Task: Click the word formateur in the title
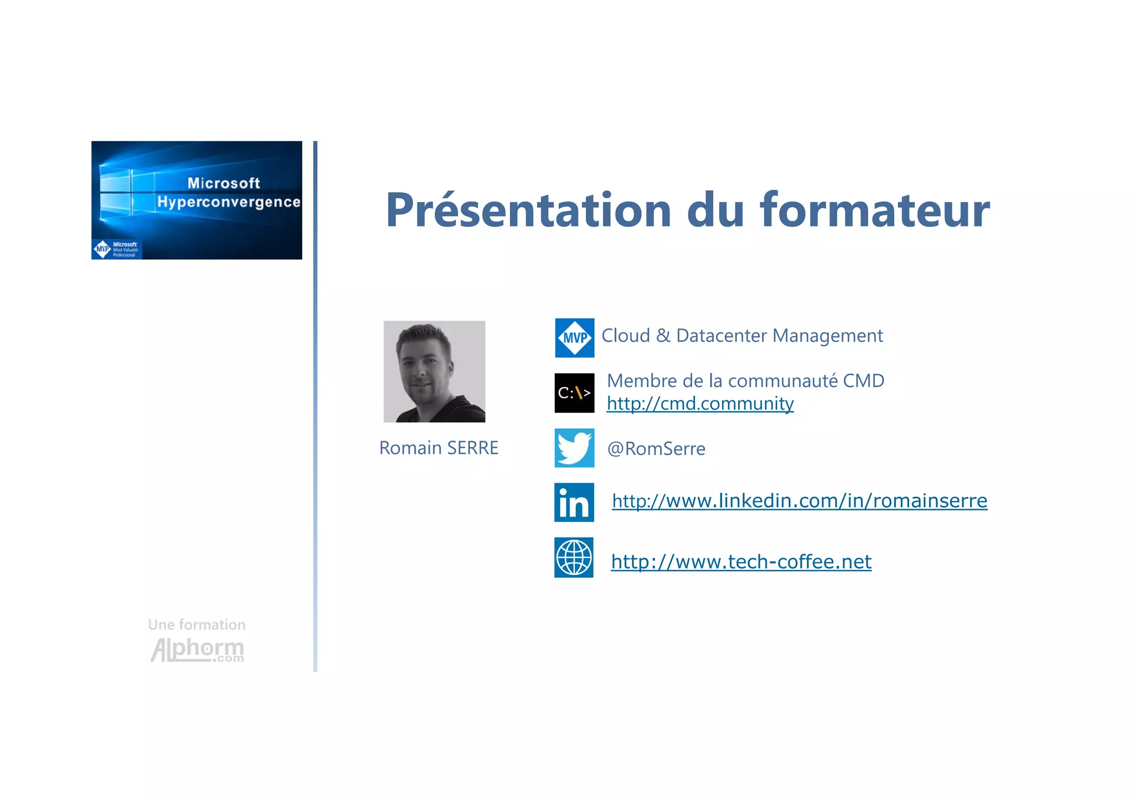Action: [875, 210]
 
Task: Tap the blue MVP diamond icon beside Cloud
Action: [574, 338]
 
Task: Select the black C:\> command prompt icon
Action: [574, 393]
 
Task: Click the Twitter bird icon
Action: [574, 448]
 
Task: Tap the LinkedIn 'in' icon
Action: [574, 503]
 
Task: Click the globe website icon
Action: [574, 557]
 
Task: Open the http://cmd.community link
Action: [700, 404]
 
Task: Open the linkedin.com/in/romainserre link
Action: [799, 501]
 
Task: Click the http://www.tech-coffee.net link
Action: [741, 562]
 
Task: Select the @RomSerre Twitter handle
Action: [656, 448]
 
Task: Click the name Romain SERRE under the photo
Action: [439, 448]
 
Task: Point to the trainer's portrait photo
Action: [434, 371]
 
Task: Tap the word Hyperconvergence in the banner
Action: [229, 202]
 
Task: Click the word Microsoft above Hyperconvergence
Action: [223, 183]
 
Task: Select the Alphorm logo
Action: [197, 650]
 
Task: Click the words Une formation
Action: [197, 624]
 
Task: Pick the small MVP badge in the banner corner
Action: [116, 249]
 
